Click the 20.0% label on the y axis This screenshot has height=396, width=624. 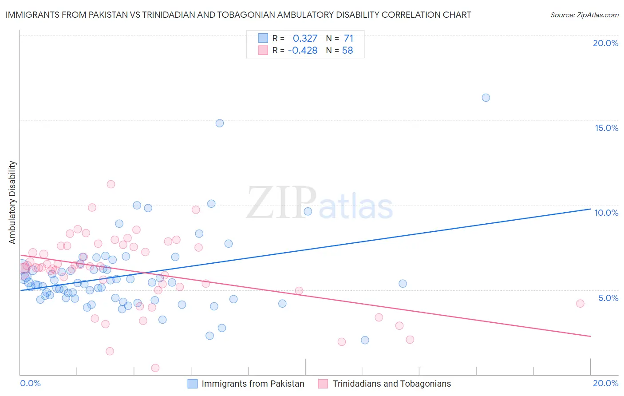coord(605,43)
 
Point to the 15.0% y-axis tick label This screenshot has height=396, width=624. coord(606,128)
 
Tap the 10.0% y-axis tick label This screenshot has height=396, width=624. coord(606,213)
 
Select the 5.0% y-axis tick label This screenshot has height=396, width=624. coord(608,298)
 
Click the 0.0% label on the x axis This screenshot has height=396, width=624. coord(30,383)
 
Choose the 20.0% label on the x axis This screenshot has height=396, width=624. coord(605,383)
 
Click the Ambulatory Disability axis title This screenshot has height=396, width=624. coord(12,202)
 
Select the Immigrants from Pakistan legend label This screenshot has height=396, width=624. coord(253,384)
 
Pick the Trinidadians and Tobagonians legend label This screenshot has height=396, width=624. coord(391,384)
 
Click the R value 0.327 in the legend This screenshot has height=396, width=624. coord(305,39)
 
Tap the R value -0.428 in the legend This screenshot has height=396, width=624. coord(303,51)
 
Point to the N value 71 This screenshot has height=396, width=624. coord(348,39)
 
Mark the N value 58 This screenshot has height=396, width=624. coord(348,51)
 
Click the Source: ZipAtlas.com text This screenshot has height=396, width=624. coord(584,15)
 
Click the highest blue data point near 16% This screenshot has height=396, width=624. coord(486,98)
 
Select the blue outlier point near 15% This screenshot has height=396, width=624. coord(220,123)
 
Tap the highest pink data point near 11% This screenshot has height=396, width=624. coord(111,184)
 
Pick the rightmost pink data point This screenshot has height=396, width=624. coord(580,304)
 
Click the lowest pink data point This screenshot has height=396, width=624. coord(155,368)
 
